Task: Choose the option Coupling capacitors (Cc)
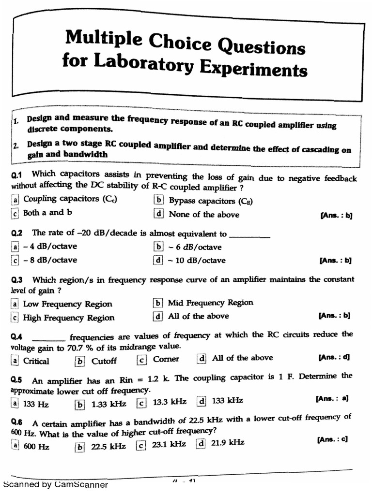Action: click(x=70, y=199)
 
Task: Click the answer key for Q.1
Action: click(x=336, y=216)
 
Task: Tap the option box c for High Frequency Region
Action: click(x=16, y=318)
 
